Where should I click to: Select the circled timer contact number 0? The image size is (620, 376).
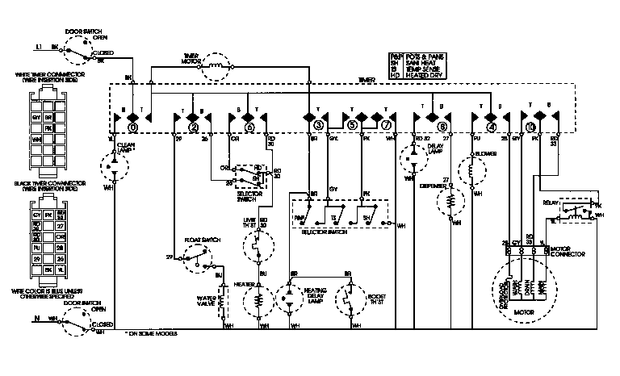pyautogui.click(x=133, y=127)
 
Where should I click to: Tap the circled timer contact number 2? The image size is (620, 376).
pyautogui.click(x=194, y=127)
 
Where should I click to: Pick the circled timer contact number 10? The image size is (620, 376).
pyautogui.click(x=530, y=127)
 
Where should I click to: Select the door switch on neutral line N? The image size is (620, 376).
pyautogui.click(x=82, y=323)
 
